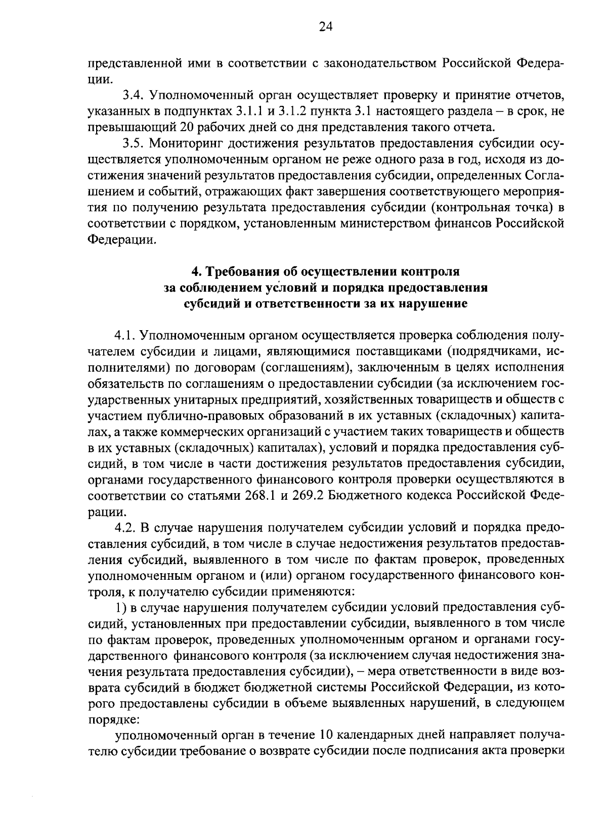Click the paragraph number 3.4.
click(133, 95)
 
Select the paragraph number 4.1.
click(124, 335)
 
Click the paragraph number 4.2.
click(124, 527)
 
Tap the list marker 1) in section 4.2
click(119, 607)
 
